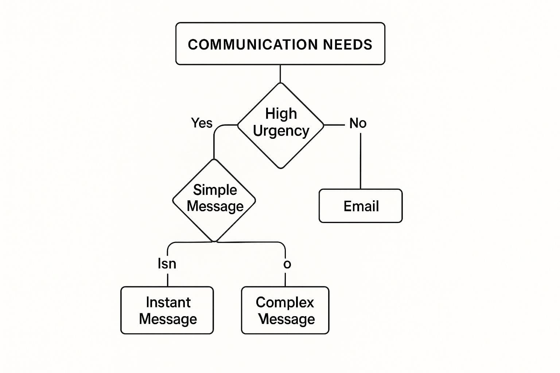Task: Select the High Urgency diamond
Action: pos(280,146)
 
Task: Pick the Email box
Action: pos(361,206)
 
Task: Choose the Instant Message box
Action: pos(167,310)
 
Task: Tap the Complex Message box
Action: pos(285,310)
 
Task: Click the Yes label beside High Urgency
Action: pos(202,123)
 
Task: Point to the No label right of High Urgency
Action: pos(358,123)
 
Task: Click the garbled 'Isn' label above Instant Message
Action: pos(167,264)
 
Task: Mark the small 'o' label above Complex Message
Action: pos(287,264)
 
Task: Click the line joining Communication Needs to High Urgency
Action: pos(280,74)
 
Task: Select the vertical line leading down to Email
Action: pos(361,160)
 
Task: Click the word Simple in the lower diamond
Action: pos(215,190)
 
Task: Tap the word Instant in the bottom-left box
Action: pos(168,302)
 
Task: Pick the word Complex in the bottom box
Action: pos(285,302)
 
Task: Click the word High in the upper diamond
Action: pos(281,113)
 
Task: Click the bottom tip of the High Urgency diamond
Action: pos(281,168)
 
